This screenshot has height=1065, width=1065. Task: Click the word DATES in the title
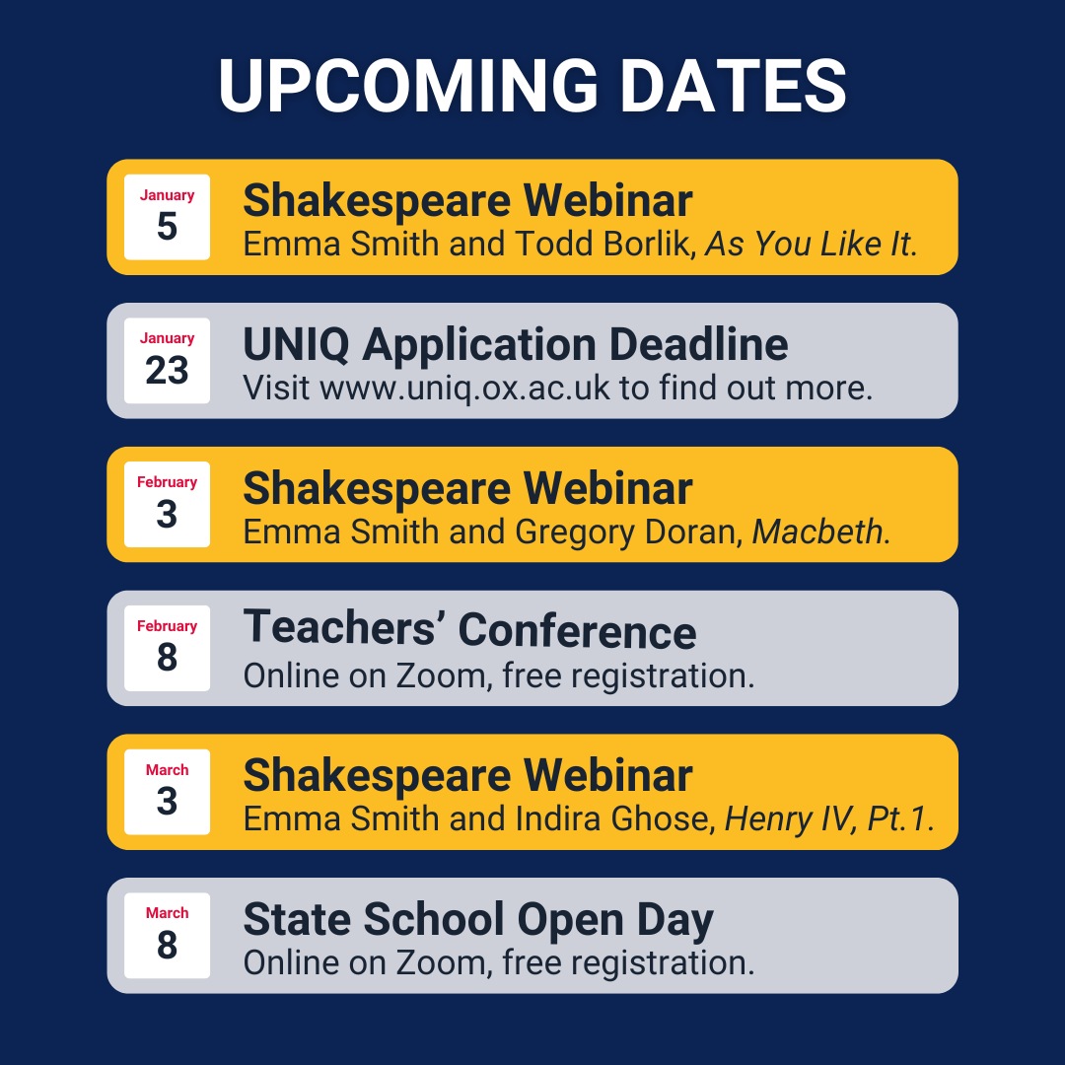point(734,86)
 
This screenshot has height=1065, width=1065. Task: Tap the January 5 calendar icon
point(167,217)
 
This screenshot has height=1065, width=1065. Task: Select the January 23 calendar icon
point(167,361)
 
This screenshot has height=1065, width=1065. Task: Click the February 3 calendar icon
point(167,505)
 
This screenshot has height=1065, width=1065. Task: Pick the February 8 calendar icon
point(167,648)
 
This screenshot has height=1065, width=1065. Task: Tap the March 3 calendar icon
point(167,792)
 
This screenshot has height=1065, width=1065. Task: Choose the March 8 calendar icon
point(167,935)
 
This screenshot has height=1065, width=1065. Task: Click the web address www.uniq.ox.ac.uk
point(464,389)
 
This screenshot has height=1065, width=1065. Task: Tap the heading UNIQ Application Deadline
point(516,344)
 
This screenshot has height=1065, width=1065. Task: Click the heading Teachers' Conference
point(469,629)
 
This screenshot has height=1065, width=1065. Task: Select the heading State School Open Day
point(478,920)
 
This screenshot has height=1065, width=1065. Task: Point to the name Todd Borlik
point(603,244)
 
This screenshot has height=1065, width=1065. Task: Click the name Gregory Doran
point(626,532)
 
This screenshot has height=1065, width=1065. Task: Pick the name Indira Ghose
point(613,819)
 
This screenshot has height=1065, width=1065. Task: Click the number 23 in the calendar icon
point(167,371)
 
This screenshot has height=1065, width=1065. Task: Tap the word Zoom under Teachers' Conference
point(441,675)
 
